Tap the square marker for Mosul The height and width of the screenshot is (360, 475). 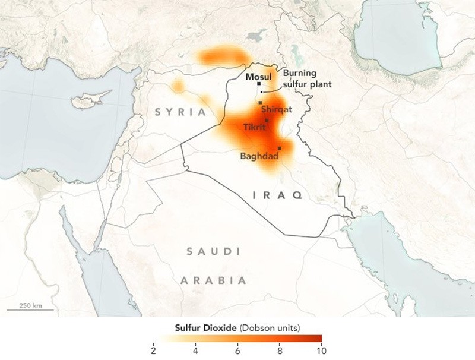[x=259, y=84]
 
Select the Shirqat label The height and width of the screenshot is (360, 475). [x=278, y=110]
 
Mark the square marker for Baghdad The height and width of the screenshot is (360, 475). [x=279, y=148]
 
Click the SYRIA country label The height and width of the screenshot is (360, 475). [x=181, y=112]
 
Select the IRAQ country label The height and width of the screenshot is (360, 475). [x=278, y=195]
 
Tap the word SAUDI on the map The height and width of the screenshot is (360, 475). [x=214, y=252]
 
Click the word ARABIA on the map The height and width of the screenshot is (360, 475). [x=214, y=280]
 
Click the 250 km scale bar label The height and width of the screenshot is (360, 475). [x=30, y=305]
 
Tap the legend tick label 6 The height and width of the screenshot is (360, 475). [x=237, y=349]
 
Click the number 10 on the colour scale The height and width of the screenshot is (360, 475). [x=321, y=349]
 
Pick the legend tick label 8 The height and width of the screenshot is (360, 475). [x=280, y=349]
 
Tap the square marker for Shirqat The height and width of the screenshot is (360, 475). [x=260, y=103]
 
